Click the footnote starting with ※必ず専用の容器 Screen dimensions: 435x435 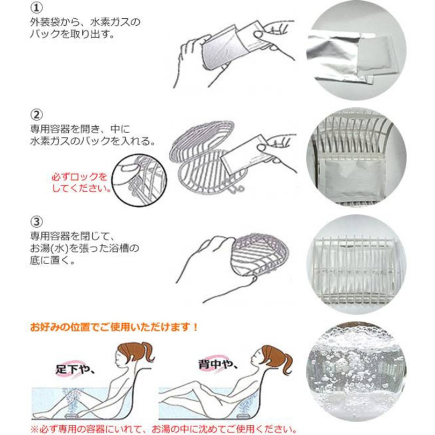pos(162,428)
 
